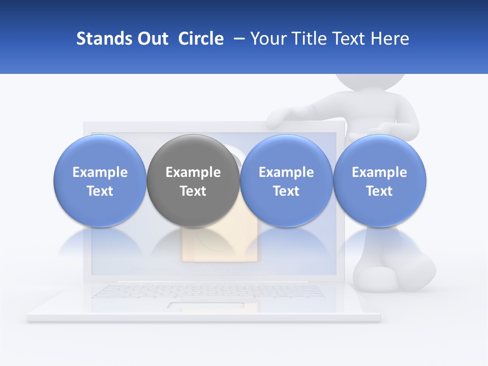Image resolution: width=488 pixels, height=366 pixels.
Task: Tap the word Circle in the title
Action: click(x=201, y=39)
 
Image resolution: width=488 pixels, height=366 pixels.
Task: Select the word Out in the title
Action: click(x=151, y=39)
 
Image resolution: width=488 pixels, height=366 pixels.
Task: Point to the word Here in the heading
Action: click(x=389, y=39)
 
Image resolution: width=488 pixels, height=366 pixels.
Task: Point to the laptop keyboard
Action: click(x=208, y=291)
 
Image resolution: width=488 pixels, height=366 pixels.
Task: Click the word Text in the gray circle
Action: click(x=193, y=191)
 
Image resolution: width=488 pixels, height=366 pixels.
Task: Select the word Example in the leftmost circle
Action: click(x=100, y=172)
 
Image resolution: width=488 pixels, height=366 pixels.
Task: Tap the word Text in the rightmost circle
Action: click(x=380, y=191)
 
